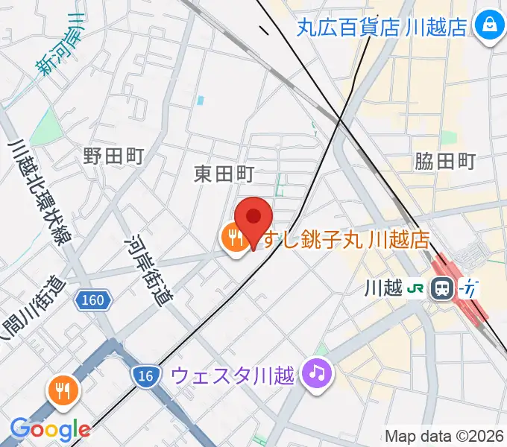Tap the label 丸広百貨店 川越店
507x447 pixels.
382,27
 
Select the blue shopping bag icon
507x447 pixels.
490,27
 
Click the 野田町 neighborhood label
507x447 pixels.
113,156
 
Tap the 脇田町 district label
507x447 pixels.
445,160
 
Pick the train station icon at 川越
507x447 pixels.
442,288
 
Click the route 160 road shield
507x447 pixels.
94,300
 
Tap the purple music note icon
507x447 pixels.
316,371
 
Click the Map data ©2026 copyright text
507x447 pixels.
444,436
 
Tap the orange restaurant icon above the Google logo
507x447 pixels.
63,389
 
